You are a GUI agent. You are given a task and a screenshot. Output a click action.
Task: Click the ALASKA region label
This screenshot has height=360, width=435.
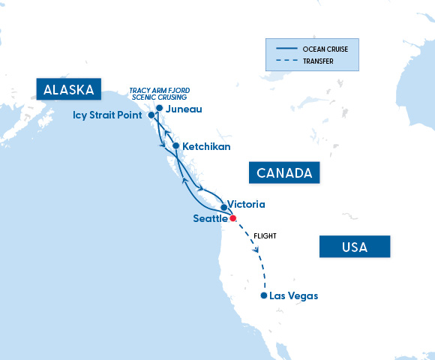click(68, 90)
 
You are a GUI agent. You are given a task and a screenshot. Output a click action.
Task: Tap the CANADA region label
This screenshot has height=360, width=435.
click(284, 173)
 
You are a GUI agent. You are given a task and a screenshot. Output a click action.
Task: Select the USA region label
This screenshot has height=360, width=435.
click(354, 247)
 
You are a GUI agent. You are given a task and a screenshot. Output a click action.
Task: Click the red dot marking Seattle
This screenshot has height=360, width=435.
click(232, 218)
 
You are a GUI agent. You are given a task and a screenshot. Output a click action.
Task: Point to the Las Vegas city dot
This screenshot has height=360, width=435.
click(263, 295)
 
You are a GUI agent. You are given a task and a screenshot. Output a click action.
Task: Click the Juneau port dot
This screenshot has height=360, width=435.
click(159, 108)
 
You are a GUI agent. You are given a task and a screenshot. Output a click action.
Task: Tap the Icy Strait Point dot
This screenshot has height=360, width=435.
click(152, 115)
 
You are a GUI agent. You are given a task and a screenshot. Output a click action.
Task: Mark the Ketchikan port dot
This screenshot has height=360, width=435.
click(175, 145)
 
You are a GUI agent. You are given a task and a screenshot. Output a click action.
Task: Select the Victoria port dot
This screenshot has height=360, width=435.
click(223, 206)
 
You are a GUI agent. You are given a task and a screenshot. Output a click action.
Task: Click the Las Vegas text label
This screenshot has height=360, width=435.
click(293, 295)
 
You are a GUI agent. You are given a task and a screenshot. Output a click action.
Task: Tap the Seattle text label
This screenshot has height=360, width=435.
click(210, 218)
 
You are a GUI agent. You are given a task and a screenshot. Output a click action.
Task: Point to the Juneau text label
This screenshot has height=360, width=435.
click(183, 109)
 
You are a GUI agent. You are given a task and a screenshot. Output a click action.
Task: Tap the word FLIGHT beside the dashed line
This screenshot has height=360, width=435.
click(265, 235)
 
